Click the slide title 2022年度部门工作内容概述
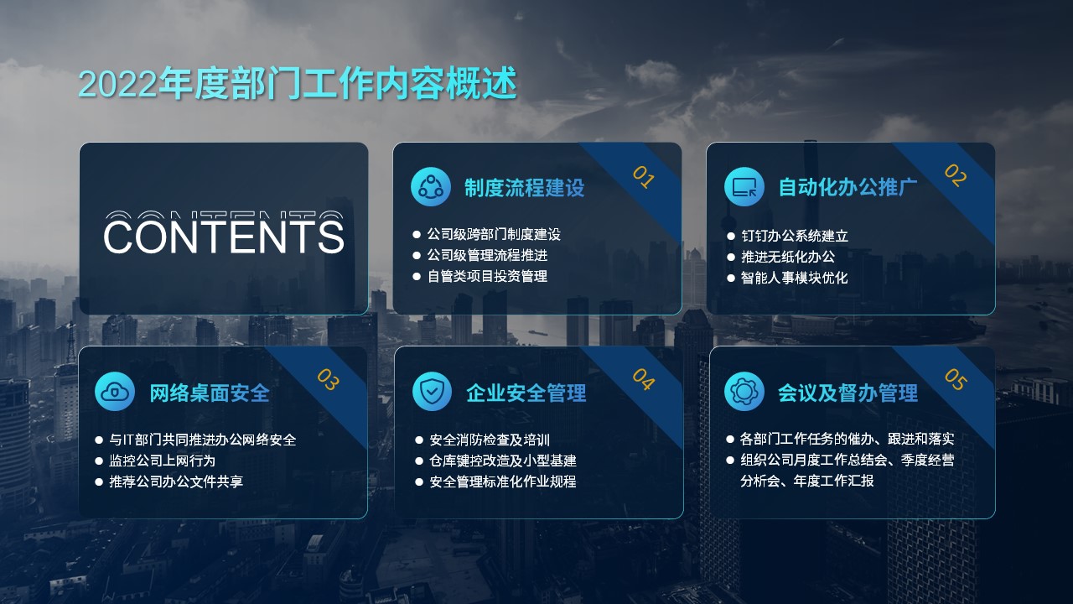pyautogui.click(x=298, y=83)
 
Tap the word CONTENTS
pyautogui.click(x=224, y=236)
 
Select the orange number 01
pyautogui.click(x=643, y=177)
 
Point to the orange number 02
pyautogui.click(x=956, y=175)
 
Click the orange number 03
pyautogui.click(x=328, y=380)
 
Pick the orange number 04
pyautogui.click(x=643, y=380)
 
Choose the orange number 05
pyautogui.click(x=956, y=380)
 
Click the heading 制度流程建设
pyautogui.click(x=525, y=187)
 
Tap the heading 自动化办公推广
pyautogui.click(x=848, y=187)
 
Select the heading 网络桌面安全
pyautogui.click(x=210, y=393)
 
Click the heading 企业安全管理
pyautogui.click(x=526, y=393)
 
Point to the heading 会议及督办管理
pyautogui.click(x=848, y=393)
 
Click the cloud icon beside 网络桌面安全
pyautogui.click(x=115, y=392)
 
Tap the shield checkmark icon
pyautogui.click(x=432, y=392)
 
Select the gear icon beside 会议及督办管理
pyautogui.click(x=744, y=392)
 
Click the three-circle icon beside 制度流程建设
pyautogui.click(x=431, y=186)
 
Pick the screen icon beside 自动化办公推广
pyautogui.click(x=744, y=186)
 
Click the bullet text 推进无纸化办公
pyautogui.click(x=788, y=257)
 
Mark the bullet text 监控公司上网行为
pyautogui.click(x=163, y=461)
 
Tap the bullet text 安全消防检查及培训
pyautogui.click(x=490, y=440)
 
